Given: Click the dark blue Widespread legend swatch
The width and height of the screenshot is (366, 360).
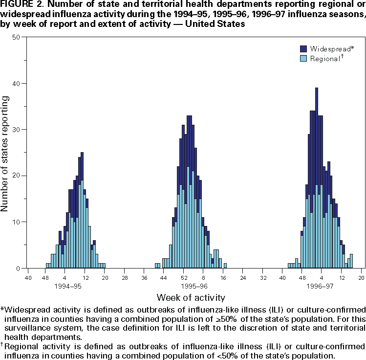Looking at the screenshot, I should [x=303, y=48].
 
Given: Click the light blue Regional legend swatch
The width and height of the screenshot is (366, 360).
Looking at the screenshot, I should [x=303, y=58].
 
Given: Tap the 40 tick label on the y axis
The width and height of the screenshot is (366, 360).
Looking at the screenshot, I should [x=17, y=83].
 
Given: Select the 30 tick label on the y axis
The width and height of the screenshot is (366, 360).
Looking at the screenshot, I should [x=17, y=130].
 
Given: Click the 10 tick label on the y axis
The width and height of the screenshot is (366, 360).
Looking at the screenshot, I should [x=17, y=222].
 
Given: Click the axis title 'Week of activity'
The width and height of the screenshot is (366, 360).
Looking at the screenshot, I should [x=191, y=297].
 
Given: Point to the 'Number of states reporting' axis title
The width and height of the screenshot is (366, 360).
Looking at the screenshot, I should [x=5, y=154].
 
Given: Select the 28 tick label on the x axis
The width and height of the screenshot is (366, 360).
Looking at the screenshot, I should [x=125, y=278].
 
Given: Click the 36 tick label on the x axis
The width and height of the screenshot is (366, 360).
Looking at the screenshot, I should [x=145, y=278].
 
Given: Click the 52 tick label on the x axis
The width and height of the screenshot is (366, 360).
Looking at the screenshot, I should [x=185, y=278].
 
